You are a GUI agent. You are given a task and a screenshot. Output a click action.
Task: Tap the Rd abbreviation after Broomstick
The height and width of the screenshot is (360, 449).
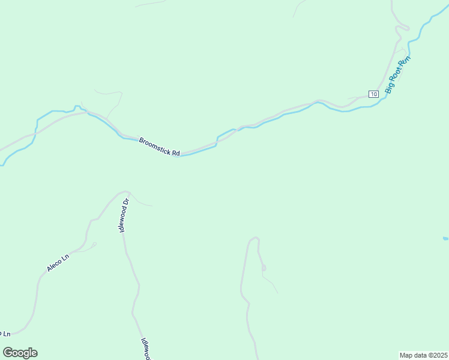[176, 153]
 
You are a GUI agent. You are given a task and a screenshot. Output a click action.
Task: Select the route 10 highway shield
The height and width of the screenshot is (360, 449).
[373, 94]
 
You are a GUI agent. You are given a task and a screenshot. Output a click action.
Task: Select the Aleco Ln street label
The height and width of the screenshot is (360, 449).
[58, 263]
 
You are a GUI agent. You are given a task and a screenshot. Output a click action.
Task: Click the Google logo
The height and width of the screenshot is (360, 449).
[20, 353]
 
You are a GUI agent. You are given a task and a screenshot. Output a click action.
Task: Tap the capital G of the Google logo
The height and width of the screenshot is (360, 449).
[8, 353]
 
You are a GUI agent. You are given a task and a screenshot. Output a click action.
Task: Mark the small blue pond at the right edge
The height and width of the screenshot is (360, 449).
[445, 238]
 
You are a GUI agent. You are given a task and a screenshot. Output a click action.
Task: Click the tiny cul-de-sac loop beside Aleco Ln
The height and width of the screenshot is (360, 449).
[94, 244]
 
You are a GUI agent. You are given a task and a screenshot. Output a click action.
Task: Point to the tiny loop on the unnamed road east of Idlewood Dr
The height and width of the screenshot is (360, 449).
[264, 268]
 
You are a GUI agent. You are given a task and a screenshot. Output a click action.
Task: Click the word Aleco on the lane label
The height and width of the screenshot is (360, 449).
[54, 266]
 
